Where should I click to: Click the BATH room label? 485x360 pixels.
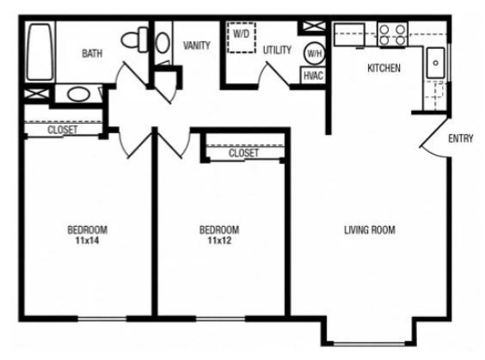92,53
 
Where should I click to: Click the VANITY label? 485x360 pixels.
196,46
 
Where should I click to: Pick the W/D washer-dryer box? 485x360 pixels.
241,37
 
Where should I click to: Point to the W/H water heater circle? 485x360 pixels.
314,53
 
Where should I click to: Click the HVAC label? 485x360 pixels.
313,76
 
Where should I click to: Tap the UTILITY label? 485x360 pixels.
277,49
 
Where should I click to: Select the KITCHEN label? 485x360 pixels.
384,68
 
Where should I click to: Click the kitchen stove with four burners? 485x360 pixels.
392,34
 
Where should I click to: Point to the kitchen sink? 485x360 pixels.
435,63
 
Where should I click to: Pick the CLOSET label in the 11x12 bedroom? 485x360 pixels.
243,154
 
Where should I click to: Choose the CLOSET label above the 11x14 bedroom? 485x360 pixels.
63,131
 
